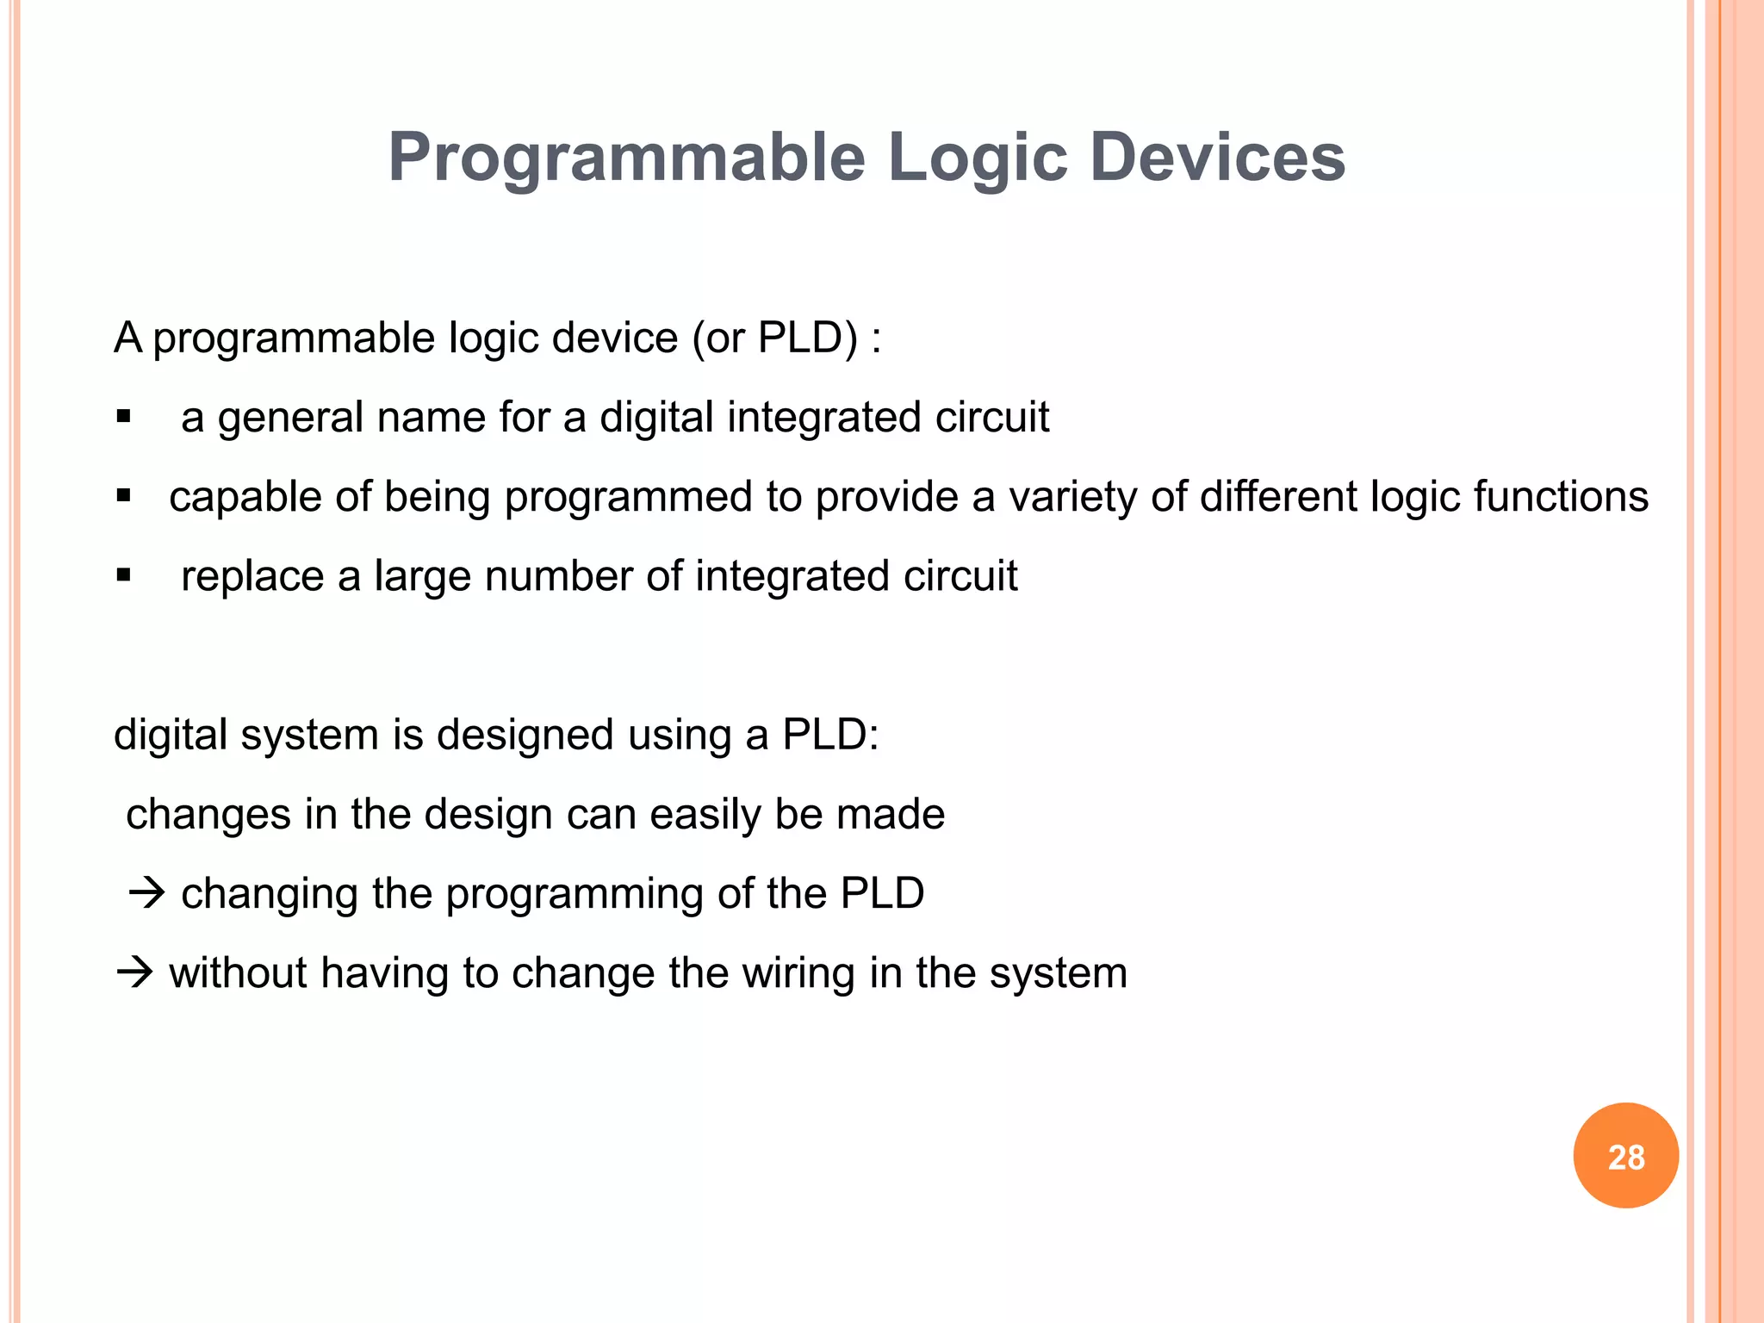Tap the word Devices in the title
click(1217, 158)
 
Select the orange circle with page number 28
click(1625, 1156)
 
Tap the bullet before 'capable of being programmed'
click(123, 497)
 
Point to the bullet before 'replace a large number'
click(123, 575)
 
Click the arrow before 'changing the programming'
click(146, 893)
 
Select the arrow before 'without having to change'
click(134, 973)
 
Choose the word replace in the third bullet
click(252, 575)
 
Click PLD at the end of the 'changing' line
click(881, 893)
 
